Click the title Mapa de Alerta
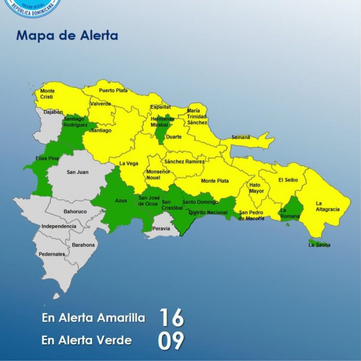pyautogui.click(x=67, y=36)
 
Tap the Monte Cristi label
pyautogui.click(x=48, y=94)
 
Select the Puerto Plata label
pyautogui.click(x=113, y=90)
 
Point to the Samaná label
pyautogui.click(x=241, y=137)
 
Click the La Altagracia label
pyautogui.click(x=328, y=206)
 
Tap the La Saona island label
pyautogui.click(x=320, y=245)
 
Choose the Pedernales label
pyautogui.click(x=52, y=254)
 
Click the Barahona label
pyautogui.click(x=83, y=245)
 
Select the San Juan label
pyautogui.click(x=77, y=172)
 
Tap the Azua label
pyautogui.click(x=121, y=201)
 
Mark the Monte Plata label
pyautogui.click(x=215, y=181)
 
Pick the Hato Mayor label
pyautogui.click(x=257, y=188)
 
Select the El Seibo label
pyautogui.click(x=288, y=180)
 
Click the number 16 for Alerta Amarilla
pyautogui.click(x=171, y=318)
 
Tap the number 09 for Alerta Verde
pyautogui.click(x=171, y=341)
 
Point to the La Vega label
pyautogui.click(x=129, y=163)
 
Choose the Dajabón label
pyautogui.click(x=53, y=112)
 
